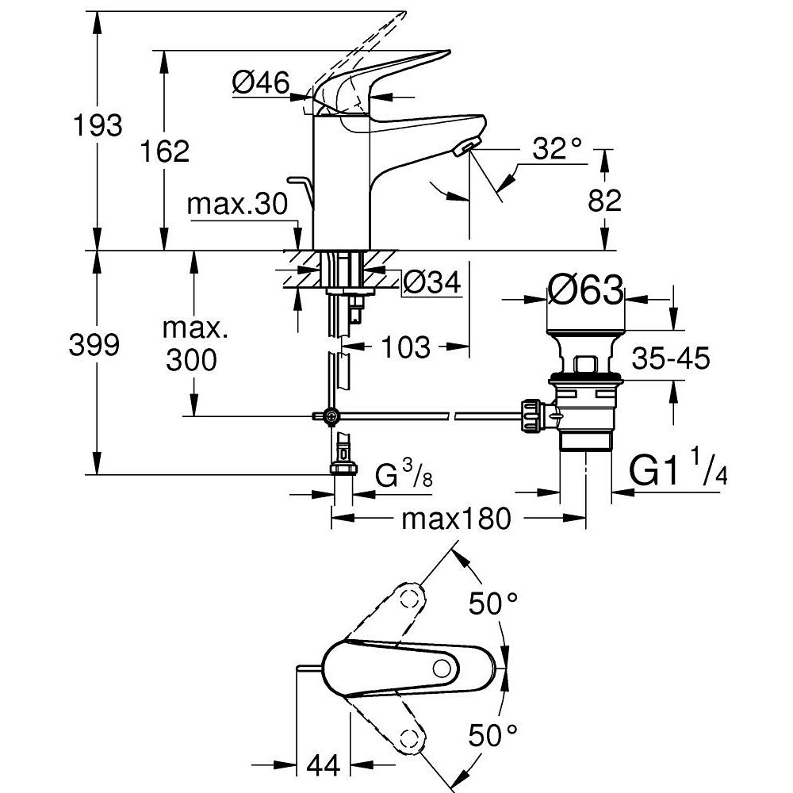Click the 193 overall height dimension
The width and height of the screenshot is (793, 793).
pyautogui.click(x=98, y=125)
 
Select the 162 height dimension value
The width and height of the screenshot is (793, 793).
pyautogui.click(x=165, y=151)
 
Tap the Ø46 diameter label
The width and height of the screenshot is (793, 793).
pyautogui.click(x=260, y=82)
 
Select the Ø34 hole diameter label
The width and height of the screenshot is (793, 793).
pyautogui.click(x=431, y=282)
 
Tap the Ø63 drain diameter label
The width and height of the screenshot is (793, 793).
pyautogui.click(x=586, y=290)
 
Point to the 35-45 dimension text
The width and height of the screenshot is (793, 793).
pyautogui.click(x=670, y=359)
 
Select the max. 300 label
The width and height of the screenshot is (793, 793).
pyautogui.click(x=192, y=346)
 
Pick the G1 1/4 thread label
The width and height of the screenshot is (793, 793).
pyautogui.click(x=678, y=471)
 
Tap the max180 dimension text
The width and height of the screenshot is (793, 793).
pyautogui.click(x=455, y=519)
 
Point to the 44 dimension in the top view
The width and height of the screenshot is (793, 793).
pyautogui.click(x=322, y=765)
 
